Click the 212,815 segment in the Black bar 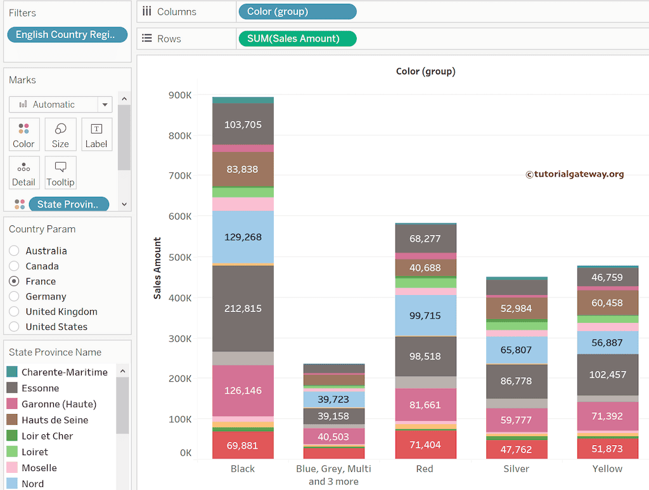tap(243, 308)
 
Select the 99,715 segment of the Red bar tap(425, 315)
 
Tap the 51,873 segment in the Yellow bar tap(607, 448)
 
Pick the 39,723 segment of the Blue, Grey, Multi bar tap(334, 399)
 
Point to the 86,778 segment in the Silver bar tap(516, 381)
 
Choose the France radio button tap(14, 281)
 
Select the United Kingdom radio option tap(14, 311)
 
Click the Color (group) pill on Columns tap(297, 11)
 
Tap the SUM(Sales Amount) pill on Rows tap(297, 39)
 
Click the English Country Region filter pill tap(67, 35)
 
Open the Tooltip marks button tap(60, 173)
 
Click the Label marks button tap(96, 135)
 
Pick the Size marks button tap(60, 135)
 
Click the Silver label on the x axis tap(516, 469)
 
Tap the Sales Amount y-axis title tap(158, 268)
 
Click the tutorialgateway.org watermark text tap(574, 174)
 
